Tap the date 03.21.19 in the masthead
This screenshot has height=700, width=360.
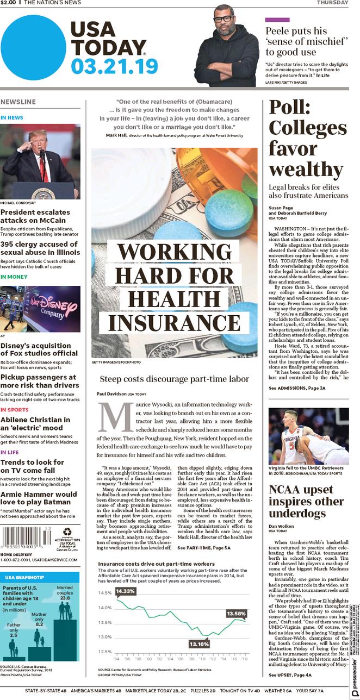tap(114, 66)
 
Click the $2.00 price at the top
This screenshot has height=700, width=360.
tap(9, 3)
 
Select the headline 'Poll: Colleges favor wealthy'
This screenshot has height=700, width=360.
tap(307, 139)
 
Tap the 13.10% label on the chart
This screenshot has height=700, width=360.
tap(199, 643)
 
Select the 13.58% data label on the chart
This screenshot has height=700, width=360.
tap(237, 614)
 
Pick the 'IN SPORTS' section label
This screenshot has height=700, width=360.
tap(15, 409)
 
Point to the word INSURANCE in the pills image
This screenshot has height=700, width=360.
tap(174, 322)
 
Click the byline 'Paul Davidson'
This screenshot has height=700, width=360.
tap(111, 393)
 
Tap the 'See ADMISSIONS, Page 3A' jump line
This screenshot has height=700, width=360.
tap(297, 389)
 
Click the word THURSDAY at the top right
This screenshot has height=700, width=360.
tap(332, 3)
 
